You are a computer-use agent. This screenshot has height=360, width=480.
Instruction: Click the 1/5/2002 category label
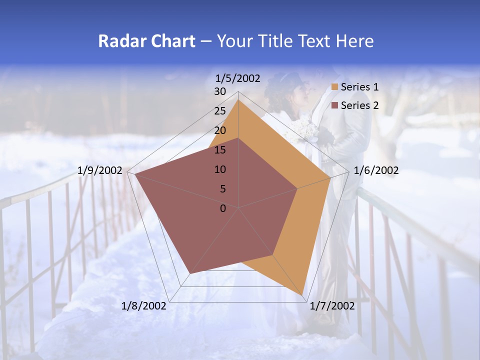[x=238, y=78]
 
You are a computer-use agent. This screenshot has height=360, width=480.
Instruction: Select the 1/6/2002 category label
[x=376, y=170]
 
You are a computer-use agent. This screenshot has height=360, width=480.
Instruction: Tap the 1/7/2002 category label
[x=332, y=306]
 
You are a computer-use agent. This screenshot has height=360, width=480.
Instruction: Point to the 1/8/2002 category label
[x=144, y=306]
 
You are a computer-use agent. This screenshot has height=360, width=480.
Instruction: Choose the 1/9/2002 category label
[x=100, y=170]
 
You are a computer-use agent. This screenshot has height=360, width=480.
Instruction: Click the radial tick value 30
[x=220, y=91]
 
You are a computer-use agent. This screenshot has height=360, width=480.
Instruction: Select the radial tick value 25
[x=220, y=111]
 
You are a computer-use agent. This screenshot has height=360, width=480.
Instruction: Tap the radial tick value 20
[x=220, y=130]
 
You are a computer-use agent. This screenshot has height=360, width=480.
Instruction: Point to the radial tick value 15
[x=220, y=150]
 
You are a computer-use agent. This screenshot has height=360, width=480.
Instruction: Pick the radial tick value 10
[x=220, y=169]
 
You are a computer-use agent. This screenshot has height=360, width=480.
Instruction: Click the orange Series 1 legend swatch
[x=335, y=87]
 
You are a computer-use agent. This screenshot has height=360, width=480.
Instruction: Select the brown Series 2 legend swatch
[x=335, y=105]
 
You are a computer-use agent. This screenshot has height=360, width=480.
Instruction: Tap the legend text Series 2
[x=359, y=105]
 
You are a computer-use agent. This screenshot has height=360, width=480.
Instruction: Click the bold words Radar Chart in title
[x=146, y=41]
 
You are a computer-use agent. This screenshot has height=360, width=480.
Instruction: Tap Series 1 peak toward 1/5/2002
[x=238, y=100]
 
